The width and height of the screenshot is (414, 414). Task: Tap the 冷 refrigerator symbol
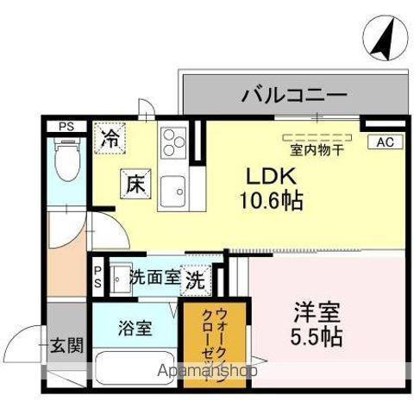click(111, 138)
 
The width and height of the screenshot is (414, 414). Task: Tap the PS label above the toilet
click(66, 126)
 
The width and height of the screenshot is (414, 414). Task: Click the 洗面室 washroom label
click(155, 278)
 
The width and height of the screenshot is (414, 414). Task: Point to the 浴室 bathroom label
click(135, 328)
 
